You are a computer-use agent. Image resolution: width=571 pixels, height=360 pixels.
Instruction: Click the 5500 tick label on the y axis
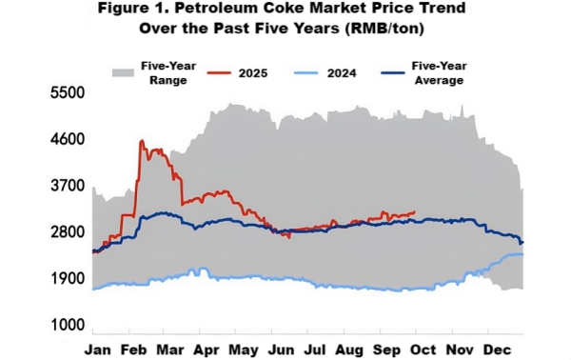pos(68,93)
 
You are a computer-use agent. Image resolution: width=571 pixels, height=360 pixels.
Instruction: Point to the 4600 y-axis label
pos(68,139)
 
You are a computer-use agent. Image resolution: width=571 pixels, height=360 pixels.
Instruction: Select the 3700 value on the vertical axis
pos(68,186)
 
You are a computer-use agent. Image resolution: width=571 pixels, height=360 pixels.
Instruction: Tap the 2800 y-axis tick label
pos(68,232)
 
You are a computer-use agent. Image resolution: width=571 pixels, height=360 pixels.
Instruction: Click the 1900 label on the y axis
pos(68,279)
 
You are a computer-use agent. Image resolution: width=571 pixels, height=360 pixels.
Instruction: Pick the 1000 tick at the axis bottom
pos(68,326)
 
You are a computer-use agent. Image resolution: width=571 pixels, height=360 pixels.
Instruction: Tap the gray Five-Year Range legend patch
pos(122,72)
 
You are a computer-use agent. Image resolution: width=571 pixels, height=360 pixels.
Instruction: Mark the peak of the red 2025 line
pos(142,141)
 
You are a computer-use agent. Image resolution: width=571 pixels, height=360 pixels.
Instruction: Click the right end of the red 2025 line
pos(414,212)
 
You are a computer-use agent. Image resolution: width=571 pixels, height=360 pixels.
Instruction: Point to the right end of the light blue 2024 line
pos(522,254)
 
